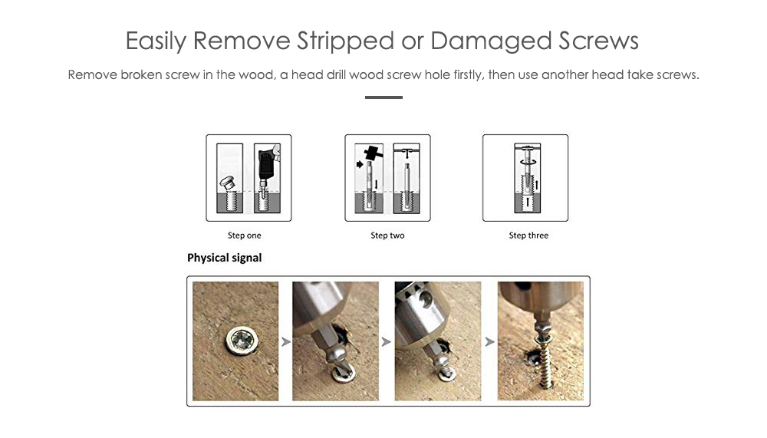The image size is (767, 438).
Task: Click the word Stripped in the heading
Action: click(x=345, y=41)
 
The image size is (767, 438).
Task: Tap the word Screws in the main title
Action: click(x=599, y=41)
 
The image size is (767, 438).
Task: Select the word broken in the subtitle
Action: click(x=141, y=74)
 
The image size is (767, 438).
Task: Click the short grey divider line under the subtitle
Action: click(x=383, y=97)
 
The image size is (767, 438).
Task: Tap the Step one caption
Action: click(x=244, y=235)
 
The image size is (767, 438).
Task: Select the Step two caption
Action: click(x=387, y=235)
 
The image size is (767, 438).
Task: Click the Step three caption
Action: click(x=528, y=235)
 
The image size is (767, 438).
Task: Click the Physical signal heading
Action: click(x=225, y=258)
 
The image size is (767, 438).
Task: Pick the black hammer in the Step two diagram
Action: click(x=374, y=153)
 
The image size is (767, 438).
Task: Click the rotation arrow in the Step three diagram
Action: click(x=528, y=161)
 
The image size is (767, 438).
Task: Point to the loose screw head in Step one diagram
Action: click(x=228, y=183)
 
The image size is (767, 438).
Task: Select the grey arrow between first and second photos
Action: click(x=285, y=341)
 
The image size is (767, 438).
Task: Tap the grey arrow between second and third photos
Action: click(x=387, y=341)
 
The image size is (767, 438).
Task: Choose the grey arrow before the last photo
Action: click(x=489, y=341)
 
